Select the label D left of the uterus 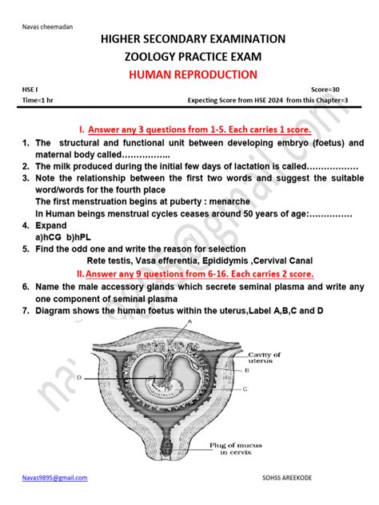tap(80, 376)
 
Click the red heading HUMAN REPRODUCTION tap(189, 74)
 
